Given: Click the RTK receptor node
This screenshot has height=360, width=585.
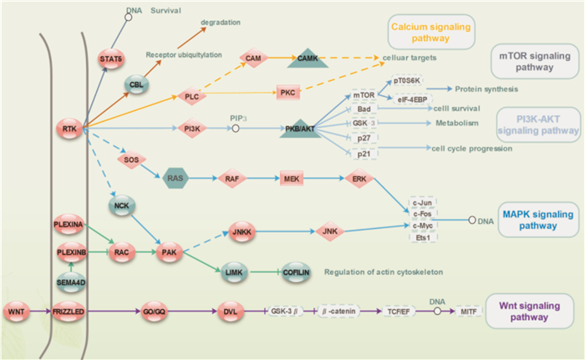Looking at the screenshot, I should click(69, 128).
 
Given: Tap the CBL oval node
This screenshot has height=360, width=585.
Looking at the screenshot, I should click(135, 84).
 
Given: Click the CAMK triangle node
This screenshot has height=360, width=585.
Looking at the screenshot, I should click(304, 59).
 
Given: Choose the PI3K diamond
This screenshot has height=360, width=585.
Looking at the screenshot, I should click(192, 128).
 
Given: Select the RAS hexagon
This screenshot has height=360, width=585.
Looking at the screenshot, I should click(174, 178).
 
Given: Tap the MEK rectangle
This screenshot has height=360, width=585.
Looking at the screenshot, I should click(292, 178).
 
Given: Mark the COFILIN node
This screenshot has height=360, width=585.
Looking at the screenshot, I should click(296, 271).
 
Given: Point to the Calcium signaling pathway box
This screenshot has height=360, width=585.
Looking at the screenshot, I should click(429, 33).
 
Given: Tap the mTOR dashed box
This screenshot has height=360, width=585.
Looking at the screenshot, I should click(363, 96).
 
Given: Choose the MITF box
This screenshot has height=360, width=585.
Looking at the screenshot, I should click(469, 312).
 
